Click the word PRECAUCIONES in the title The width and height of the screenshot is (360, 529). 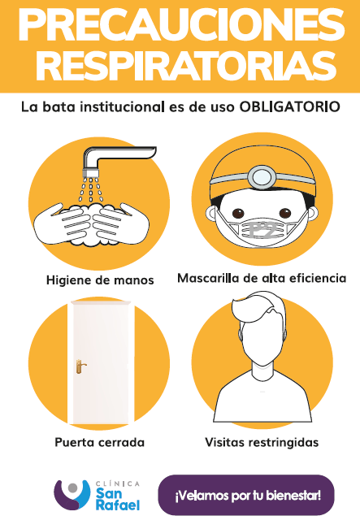(x=181, y=25)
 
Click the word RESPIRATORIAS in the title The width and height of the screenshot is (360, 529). (x=186, y=66)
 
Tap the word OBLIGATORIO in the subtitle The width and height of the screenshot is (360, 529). (x=289, y=107)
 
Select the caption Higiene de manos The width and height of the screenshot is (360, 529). (x=100, y=280)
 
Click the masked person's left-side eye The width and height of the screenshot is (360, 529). (x=239, y=214)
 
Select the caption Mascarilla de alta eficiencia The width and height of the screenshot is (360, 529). (x=262, y=278)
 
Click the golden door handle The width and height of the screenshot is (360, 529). (x=80, y=366)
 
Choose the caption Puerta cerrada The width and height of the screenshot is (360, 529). (x=99, y=442)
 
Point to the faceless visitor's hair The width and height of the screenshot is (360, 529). (x=259, y=309)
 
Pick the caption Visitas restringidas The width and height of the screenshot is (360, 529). (x=262, y=442)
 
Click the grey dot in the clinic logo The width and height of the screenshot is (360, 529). (x=72, y=488)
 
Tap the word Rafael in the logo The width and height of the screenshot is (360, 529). (x=117, y=505)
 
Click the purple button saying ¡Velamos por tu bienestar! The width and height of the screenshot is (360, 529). (x=246, y=495)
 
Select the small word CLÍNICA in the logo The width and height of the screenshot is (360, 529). (x=117, y=483)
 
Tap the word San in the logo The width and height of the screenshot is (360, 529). (x=109, y=493)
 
